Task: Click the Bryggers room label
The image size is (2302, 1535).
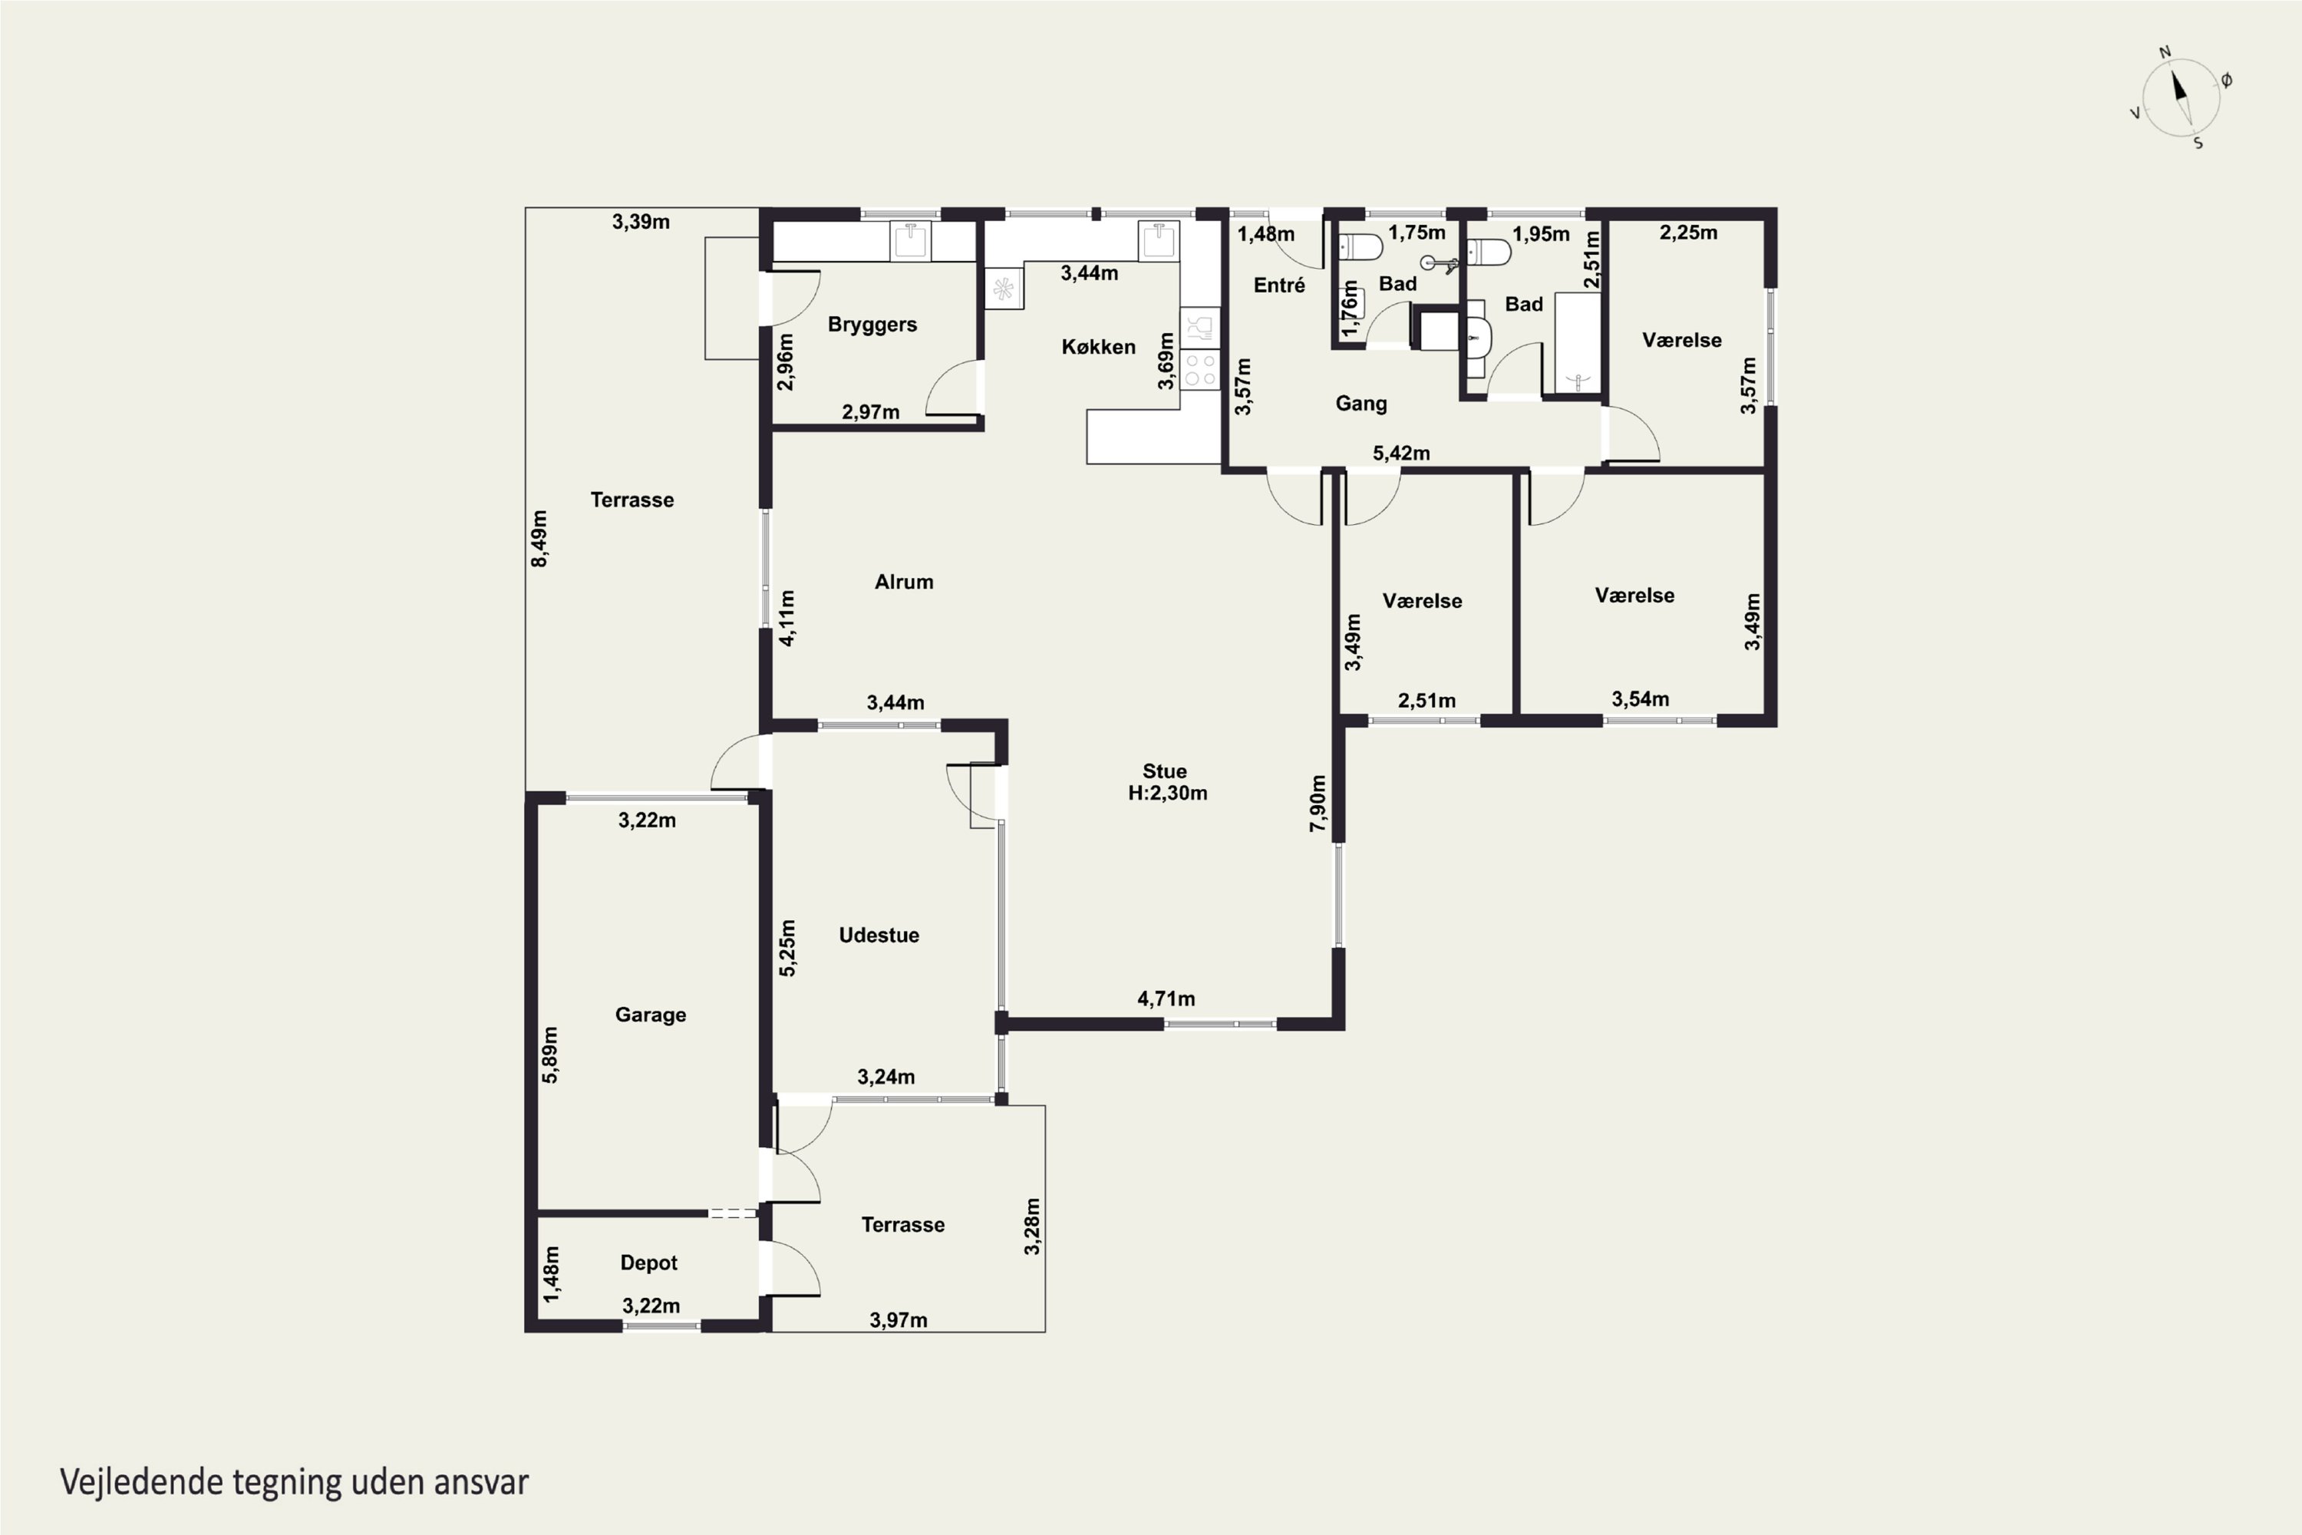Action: click(x=872, y=325)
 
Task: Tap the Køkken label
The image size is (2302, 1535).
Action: click(x=1098, y=347)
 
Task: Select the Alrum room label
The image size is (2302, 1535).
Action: click(x=903, y=582)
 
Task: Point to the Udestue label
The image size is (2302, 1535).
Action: click(x=879, y=935)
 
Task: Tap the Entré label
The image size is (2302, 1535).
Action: click(x=1279, y=285)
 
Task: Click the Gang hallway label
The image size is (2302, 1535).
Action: click(x=1360, y=404)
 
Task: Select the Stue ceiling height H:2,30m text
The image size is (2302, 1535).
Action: click(x=1168, y=793)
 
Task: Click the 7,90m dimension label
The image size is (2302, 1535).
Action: click(x=1318, y=804)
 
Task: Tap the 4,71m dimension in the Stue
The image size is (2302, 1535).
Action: click(x=1166, y=999)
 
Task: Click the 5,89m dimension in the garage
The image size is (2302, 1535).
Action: click(x=550, y=1055)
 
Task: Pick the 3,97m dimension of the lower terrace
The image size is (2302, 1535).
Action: click(x=899, y=1319)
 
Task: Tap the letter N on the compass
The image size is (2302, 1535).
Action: click(x=2165, y=52)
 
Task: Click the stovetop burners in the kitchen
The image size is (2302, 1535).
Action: click(x=1200, y=369)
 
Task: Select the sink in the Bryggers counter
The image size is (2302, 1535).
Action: click(x=910, y=241)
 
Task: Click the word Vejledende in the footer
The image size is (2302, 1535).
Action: click(x=141, y=1482)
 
